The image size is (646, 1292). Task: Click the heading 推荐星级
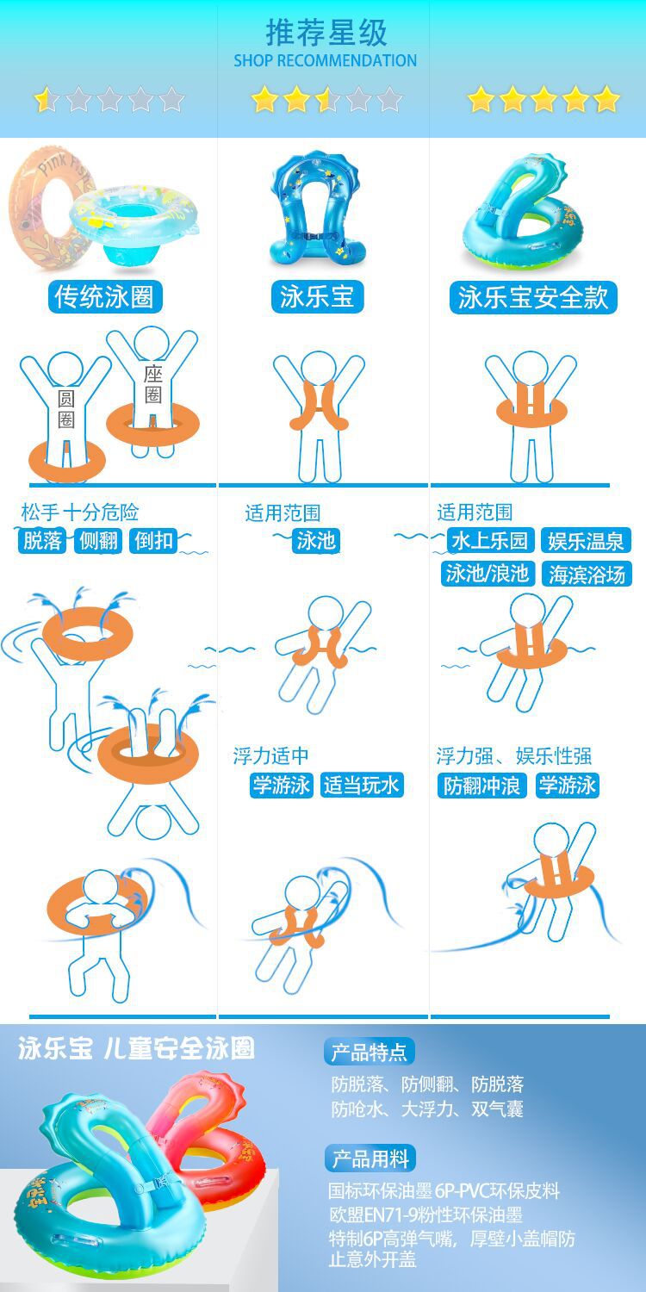(x=326, y=33)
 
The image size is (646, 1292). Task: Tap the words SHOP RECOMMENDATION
(x=325, y=61)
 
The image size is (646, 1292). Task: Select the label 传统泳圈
(x=104, y=297)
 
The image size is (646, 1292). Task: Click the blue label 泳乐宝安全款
(x=533, y=298)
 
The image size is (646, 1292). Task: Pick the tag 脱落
(x=43, y=541)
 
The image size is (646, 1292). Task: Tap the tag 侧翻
(x=98, y=541)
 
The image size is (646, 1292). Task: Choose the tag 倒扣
(x=153, y=541)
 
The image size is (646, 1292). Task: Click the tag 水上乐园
(x=489, y=541)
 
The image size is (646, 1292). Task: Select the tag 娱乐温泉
(x=587, y=541)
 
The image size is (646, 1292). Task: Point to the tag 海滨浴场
(x=587, y=574)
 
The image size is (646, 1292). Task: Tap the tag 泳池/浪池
(x=487, y=574)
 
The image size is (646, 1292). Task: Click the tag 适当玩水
(x=361, y=786)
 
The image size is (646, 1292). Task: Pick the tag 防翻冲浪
(x=481, y=786)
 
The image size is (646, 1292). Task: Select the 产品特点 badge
(x=370, y=1052)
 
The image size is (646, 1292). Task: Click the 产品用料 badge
(x=370, y=1158)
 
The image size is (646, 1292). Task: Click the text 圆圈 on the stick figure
(x=66, y=408)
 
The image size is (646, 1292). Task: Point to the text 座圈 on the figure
(x=153, y=384)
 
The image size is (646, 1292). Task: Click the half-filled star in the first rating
(x=46, y=100)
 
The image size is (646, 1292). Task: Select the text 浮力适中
(x=270, y=756)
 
